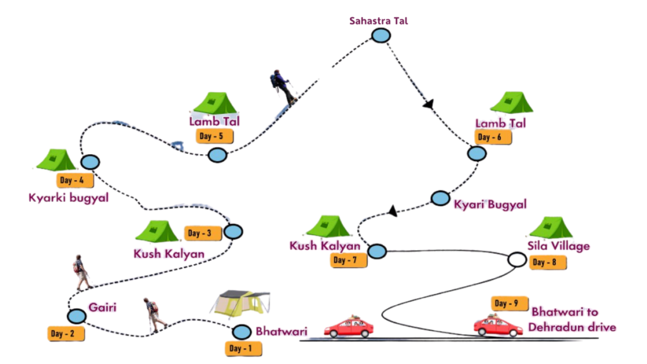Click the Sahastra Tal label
[x=379, y=21]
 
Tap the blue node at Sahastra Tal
[x=380, y=35]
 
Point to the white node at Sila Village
[x=517, y=259]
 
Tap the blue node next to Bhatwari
[x=241, y=332]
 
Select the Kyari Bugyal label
[x=490, y=205]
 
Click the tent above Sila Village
[x=550, y=228]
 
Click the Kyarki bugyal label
[x=69, y=198]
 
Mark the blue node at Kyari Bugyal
[x=440, y=198]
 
